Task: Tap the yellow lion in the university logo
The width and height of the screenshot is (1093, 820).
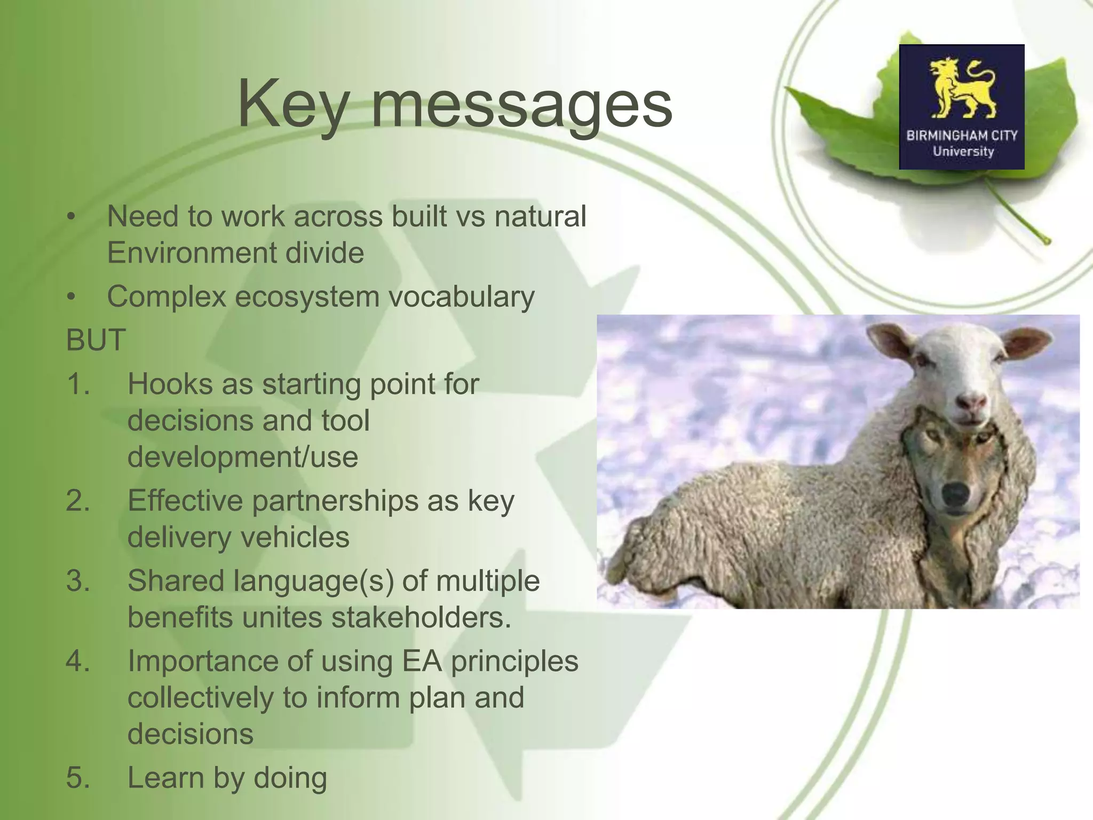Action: pyautogui.click(x=962, y=88)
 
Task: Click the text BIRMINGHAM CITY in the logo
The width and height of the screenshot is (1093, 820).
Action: pyautogui.click(x=962, y=136)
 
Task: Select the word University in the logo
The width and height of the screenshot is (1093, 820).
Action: pyautogui.click(x=963, y=152)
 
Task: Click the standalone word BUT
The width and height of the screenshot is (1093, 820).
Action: pyautogui.click(x=96, y=340)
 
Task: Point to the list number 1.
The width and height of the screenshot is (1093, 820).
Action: pyautogui.click(x=78, y=384)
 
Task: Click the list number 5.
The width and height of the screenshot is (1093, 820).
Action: pyautogui.click(x=78, y=777)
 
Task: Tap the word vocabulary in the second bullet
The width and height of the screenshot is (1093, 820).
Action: pyautogui.click(x=461, y=297)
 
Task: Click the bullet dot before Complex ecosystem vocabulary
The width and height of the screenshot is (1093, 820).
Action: pyautogui.click(x=72, y=297)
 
